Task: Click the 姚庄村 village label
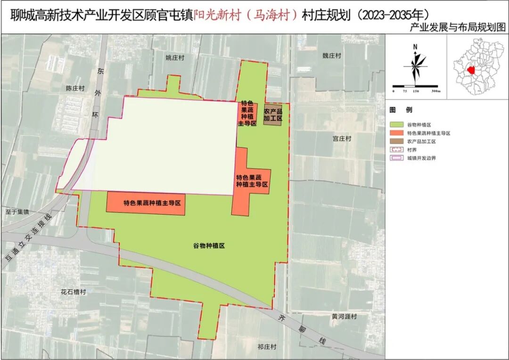tap(174, 58)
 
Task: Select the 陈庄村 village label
tap(75, 88)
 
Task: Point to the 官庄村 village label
tap(342, 139)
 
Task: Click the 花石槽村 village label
tap(74, 292)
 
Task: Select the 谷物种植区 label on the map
tap(208, 246)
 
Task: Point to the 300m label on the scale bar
tap(435, 91)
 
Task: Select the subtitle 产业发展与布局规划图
tap(458, 28)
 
